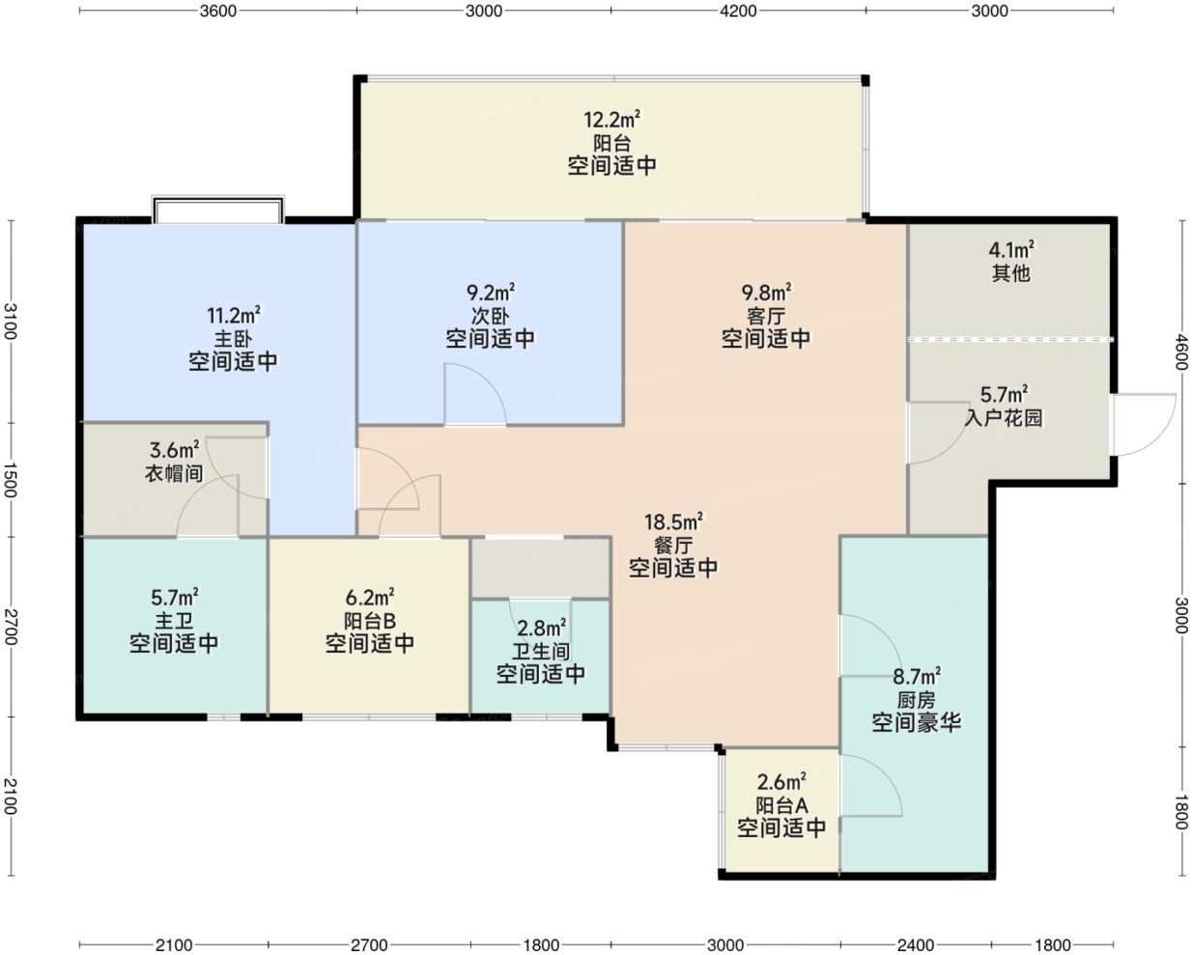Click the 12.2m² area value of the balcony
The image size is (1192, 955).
612,120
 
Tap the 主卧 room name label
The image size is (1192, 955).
233,338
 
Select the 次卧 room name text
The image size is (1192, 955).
490,315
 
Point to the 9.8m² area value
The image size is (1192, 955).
766,292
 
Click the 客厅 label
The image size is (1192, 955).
766,315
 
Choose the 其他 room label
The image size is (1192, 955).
1010,273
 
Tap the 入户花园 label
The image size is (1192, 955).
1004,417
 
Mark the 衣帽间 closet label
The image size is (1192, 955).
174,473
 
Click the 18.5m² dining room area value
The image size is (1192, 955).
673,521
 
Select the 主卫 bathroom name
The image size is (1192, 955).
174,621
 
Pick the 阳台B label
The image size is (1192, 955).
369,621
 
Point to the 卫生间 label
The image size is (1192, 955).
541,651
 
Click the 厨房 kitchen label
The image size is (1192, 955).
916,700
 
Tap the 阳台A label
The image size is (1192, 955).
781,805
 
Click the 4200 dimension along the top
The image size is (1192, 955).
738,11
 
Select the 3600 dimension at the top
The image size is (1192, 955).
217,11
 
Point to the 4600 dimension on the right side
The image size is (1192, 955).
1181,351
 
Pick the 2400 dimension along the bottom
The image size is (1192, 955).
916,944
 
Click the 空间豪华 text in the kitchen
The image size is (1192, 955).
916,722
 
